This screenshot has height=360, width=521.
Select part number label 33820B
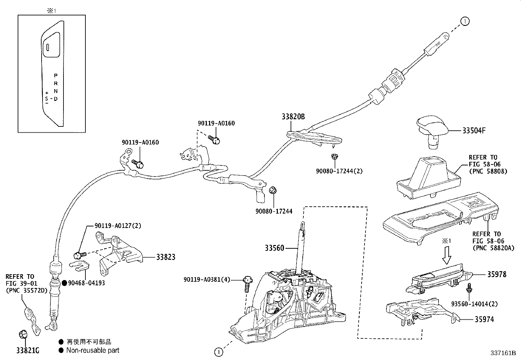[293, 116]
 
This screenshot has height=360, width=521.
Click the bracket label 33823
[165, 257]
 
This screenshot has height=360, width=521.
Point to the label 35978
[496, 275]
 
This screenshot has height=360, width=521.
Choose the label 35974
[484, 319]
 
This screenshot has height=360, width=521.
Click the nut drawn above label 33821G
[23, 334]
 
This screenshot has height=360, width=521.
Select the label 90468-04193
[86, 283]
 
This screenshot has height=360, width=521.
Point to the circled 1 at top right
[465, 21]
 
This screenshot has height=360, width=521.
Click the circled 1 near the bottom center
[218, 352]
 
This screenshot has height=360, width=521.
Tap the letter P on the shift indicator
[56, 75]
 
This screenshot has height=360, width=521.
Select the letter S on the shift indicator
[47, 98]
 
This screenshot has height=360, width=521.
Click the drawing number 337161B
[503, 353]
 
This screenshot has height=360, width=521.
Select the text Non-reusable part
[93, 351]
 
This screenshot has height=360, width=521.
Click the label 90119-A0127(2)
[118, 226]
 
